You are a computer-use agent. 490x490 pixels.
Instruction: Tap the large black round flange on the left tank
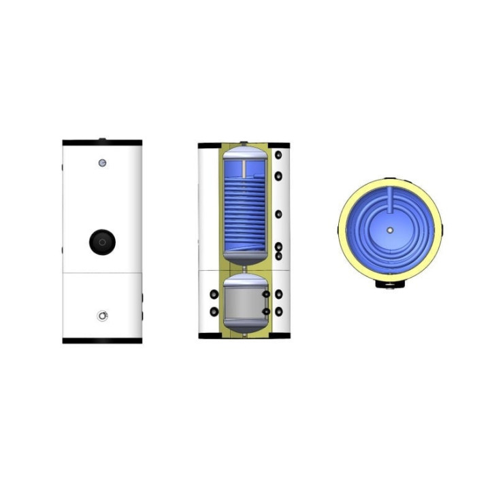pyautogui.click(x=101, y=241)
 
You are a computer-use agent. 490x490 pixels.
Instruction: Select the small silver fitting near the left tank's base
pyautogui.click(x=102, y=316)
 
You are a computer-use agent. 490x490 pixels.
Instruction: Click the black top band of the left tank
pyautogui.click(x=102, y=143)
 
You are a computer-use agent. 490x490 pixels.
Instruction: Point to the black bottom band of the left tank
pyautogui.click(x=102, y=340)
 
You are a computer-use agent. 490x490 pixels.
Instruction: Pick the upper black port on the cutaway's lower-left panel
pyautogui.click(x=214, y=294)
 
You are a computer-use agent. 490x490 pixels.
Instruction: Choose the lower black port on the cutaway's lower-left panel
pyautogui.click(x=214, y=312)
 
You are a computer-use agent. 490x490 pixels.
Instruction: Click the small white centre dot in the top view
pyautogui.click(x=389, y=229)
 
